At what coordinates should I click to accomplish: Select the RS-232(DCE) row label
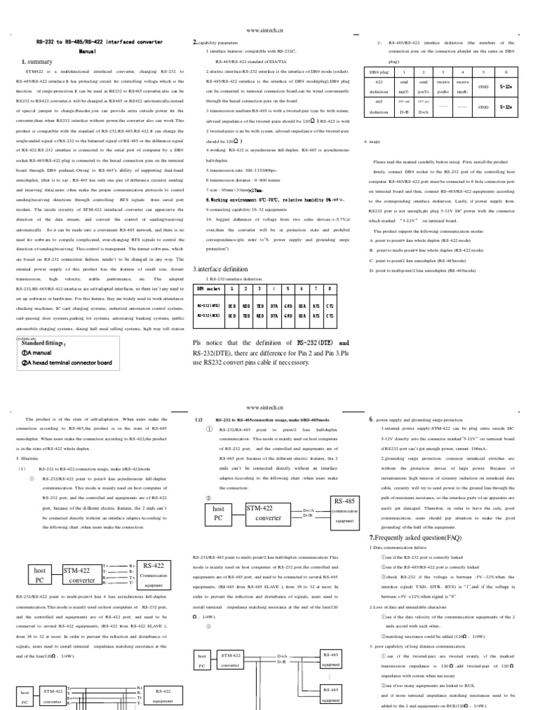click(x=209, y=315)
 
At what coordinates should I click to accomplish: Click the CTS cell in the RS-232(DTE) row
click(x=330, y=303)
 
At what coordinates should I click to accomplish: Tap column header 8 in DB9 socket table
click(x=330, y=288)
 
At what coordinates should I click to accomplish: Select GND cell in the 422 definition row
click(x=484, y=87)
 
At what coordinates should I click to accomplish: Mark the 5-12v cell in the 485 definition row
click(x=507, y=107)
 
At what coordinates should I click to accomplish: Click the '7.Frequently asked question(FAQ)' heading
click(x=414, y=537)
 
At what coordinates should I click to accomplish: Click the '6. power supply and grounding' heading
click(x=416, y=419)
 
